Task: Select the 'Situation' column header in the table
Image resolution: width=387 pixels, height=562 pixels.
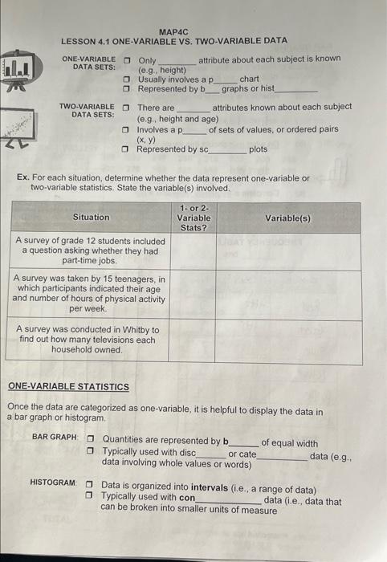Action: point(91,217)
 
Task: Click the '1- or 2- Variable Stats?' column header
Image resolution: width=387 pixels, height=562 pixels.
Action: point(193,217)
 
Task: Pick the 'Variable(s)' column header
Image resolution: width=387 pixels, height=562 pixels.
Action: point(288,217)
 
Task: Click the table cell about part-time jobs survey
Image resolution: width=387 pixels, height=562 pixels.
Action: point(90,250)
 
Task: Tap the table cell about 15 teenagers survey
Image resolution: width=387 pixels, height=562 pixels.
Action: point(90,293)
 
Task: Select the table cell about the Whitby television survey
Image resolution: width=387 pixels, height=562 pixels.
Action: point(90,340)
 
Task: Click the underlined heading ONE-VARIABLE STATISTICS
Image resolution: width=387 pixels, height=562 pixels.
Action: point(68,386)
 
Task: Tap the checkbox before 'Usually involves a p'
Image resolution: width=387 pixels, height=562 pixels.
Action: point(127,79)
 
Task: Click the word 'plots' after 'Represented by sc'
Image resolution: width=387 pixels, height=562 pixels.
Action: point(259,149)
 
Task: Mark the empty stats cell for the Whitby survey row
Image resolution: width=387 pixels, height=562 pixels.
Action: point(193,340)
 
